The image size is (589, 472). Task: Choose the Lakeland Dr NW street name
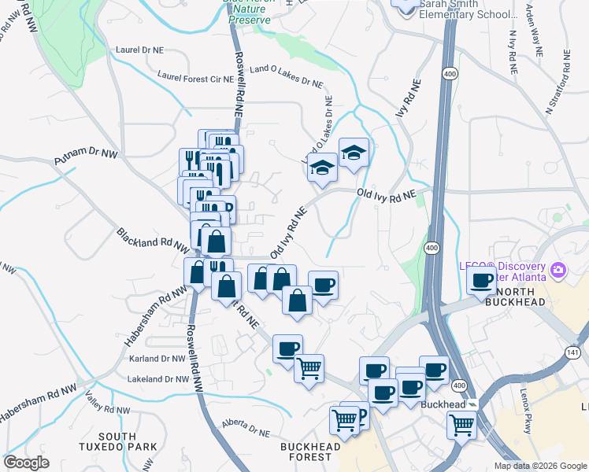158,379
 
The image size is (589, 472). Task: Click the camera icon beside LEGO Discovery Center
559,271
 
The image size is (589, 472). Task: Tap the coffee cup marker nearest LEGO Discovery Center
481,280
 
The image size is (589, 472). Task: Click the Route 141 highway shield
572,353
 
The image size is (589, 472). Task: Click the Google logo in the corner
26,463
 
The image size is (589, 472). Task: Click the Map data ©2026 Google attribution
539,466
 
